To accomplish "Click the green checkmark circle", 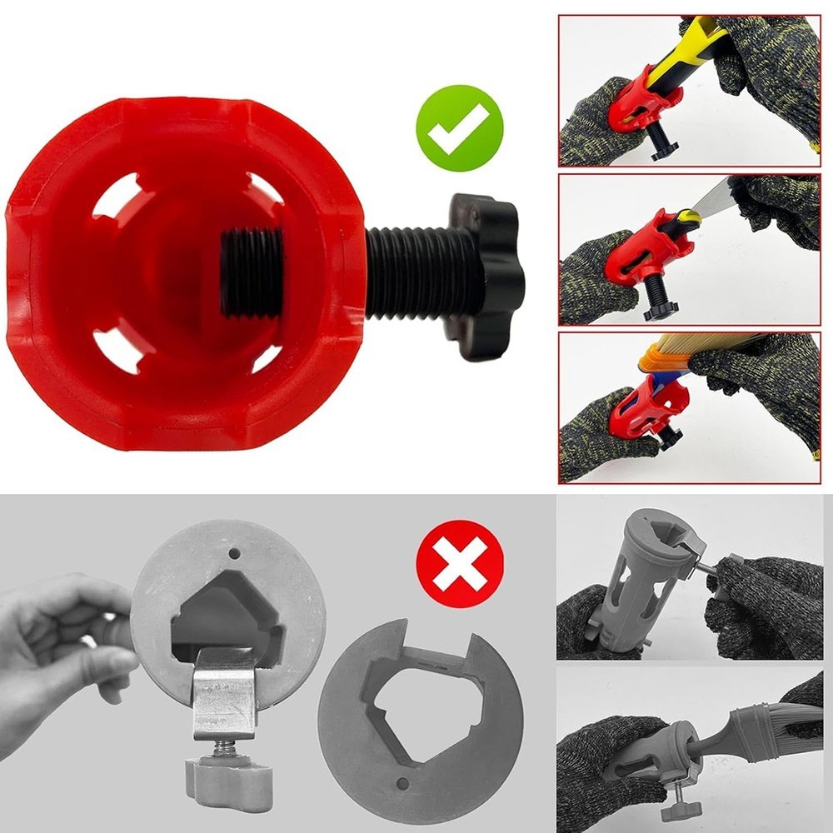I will click(460, 128).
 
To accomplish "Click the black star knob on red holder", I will click(484, 276).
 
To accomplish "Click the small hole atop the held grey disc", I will click(235, 553).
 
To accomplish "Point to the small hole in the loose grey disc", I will click(402, 784).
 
